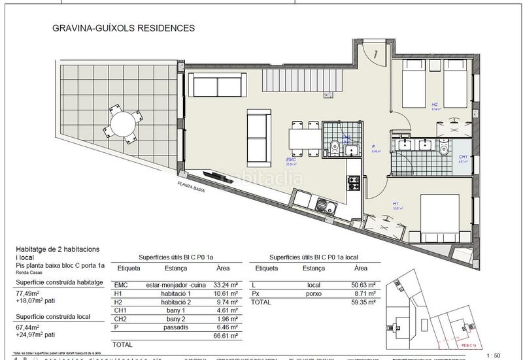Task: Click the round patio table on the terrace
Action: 122,123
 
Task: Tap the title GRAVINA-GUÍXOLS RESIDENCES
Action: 123,29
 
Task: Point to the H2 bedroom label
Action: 434,104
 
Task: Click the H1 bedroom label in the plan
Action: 396,204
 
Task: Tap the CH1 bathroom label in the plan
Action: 462,157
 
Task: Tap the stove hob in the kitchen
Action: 354,180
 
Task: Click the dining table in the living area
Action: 303,138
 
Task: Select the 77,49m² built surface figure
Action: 28,295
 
